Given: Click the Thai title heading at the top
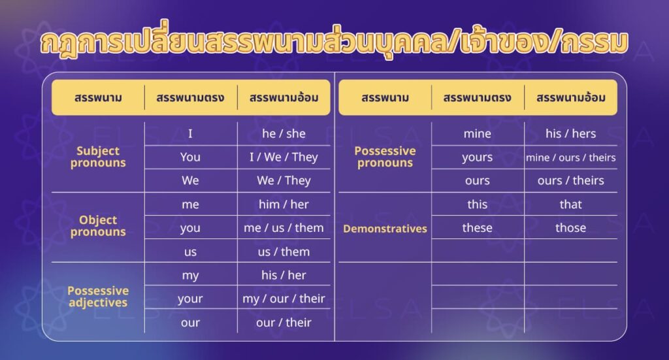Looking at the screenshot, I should click(x=334, y=41).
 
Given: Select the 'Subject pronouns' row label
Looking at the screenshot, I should click(x=98, y=157).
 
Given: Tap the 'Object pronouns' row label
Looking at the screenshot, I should click(x=98, y=226).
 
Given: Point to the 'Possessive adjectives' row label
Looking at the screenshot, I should click(x=98, y=297).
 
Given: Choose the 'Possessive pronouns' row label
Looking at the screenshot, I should click(x=385, y=157).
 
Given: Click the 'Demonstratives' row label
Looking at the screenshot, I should click(x=385, y=229).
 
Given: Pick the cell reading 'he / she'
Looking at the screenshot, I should click(x=284, y=134).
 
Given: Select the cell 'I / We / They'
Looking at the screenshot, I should click(x=284, y=157).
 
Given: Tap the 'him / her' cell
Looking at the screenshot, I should click(x=284, y=205).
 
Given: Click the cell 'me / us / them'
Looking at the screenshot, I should click(x=284, y=228).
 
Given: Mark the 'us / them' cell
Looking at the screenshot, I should click(x=284, y=252).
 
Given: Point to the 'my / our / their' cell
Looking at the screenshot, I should click(x=284, y=299).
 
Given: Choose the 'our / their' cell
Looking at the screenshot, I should click(x=284, y=322).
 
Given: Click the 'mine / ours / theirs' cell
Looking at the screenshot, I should click(x=570, y=157).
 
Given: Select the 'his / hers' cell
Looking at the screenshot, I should click(x=570, y=134).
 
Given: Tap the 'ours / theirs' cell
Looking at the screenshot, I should click(x=570, y=181).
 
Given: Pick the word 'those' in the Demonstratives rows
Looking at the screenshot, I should click(x=570, y=228).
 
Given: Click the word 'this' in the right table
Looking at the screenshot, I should click(x=477, y=205).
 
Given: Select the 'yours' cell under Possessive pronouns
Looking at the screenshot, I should click(x=477, y=157).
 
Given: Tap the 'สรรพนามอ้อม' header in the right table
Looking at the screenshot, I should click(x=570, y=98).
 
